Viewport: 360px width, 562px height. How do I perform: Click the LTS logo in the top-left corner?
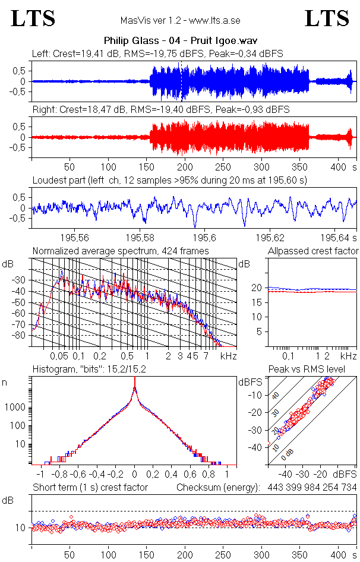[33, 18]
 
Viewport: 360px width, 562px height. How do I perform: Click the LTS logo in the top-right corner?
[326, 18]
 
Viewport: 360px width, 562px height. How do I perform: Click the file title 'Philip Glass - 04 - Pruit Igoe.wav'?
[180, 41]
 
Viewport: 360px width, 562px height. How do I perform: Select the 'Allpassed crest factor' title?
[313, 251]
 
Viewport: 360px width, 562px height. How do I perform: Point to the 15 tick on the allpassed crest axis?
[259, 302]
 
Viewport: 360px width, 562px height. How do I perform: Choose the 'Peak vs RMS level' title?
[307, 370]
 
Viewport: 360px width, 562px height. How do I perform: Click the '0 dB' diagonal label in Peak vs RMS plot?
[289, 454]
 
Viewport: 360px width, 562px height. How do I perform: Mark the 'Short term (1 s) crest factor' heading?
[90, 487]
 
